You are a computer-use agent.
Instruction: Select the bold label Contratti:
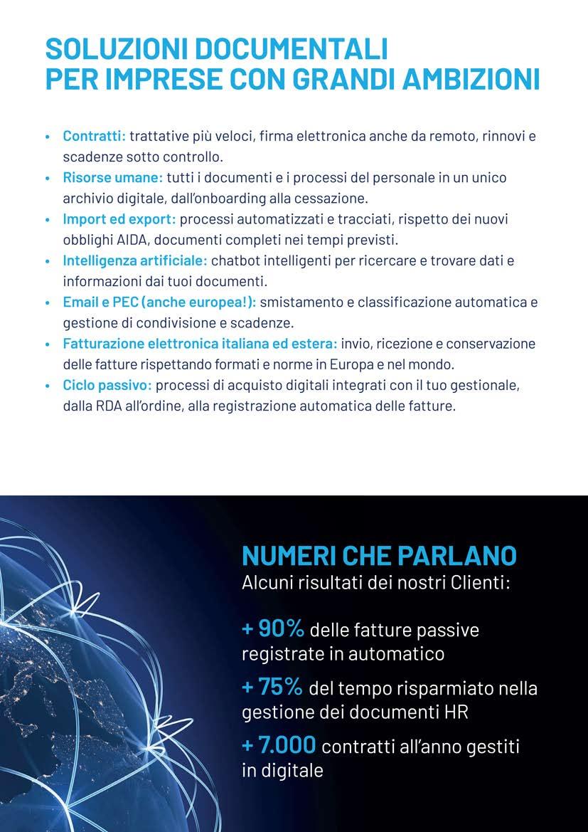pos(95,135)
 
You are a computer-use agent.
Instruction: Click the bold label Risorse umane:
pos(113,177)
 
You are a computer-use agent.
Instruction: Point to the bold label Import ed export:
pos(119,219)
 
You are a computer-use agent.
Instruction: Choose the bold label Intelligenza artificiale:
pos(135,261)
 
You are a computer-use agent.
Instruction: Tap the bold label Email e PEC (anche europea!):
pos(159,302)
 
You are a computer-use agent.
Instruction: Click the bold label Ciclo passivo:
pos(107,386)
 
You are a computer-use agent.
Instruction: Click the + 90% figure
pos(274,629)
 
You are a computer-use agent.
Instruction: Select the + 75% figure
pos(272,688)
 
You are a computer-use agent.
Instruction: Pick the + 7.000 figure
pos(279,746)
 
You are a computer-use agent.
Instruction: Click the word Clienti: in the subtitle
pos(480,584)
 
